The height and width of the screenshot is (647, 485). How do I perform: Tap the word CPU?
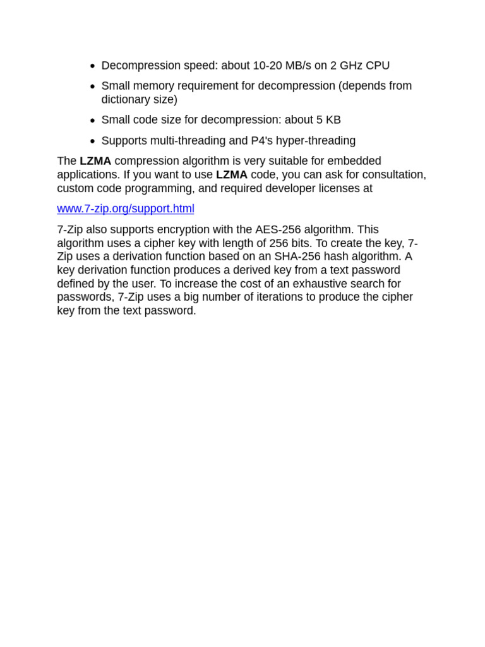378,66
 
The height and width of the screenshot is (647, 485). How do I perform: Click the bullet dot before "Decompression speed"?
92,66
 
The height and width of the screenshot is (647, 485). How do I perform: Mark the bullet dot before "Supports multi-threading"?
92,142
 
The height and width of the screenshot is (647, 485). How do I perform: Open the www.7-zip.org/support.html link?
126,209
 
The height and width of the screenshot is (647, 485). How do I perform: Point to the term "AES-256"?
278,230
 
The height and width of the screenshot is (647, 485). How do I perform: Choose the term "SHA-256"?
297,257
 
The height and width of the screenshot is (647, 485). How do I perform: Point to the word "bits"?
300,243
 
